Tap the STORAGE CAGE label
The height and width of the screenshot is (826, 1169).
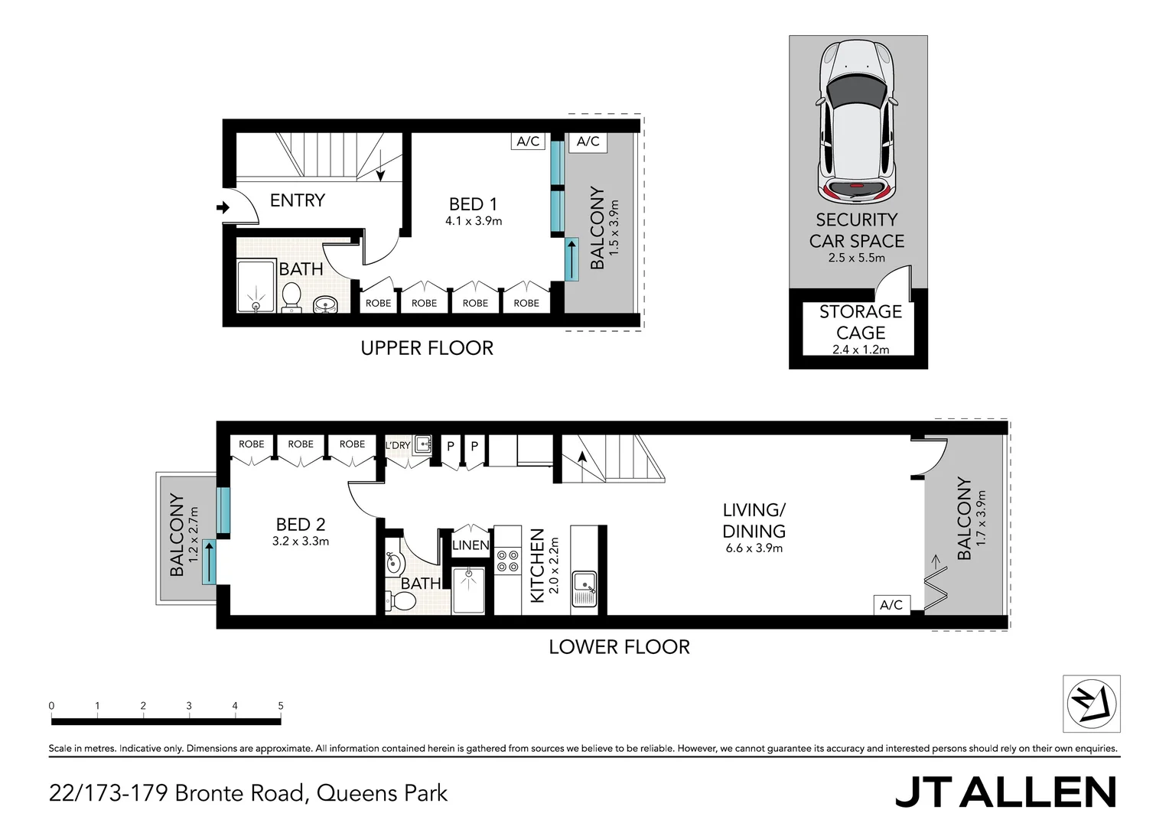point(860,322)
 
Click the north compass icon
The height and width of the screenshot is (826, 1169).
point(1092,704)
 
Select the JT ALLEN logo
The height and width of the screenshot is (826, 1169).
point(1005,792)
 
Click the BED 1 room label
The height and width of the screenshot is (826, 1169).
point(473,204)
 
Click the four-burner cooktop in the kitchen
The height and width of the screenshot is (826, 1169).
point(507,561)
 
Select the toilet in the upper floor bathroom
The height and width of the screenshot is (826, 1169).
point(291,298)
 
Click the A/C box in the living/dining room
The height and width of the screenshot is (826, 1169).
point(891,605)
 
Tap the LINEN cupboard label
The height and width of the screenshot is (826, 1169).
point(471,545)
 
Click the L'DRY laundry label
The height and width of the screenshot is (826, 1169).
point(398,445)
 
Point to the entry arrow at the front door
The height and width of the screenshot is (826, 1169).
point(223,207)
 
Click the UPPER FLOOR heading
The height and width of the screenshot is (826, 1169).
point(427,348)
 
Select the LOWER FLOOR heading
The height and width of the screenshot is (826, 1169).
point(619,647)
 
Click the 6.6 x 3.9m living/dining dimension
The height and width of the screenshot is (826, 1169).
point(754,548)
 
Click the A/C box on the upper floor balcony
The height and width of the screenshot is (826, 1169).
point(588,141)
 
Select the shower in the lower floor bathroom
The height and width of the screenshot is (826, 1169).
point(468,590)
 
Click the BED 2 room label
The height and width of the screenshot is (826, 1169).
point(300,525)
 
